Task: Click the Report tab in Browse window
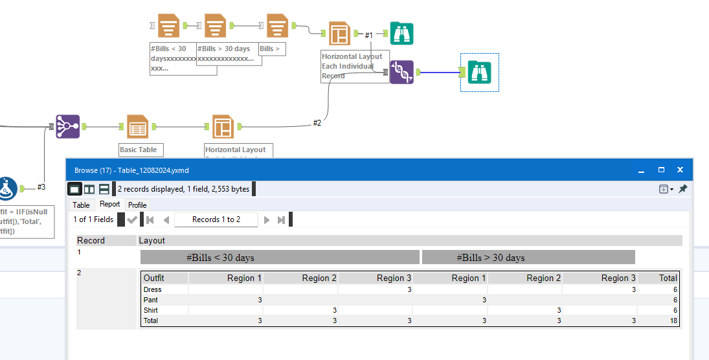[x=109, y=205]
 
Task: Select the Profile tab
[x=137, y=205]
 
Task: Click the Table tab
[x=81, y=205]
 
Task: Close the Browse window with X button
[x=680, y=170]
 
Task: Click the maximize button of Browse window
[x=661, y=170]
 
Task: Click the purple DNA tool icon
[x=401, y=72]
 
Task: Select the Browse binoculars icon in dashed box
[x=480, y=72]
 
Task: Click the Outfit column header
[x=154, y=278]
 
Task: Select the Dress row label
[x=153, y=289]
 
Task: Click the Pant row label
[x=151, y=300]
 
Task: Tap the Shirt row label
[x=152, y=310]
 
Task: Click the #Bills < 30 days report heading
[x=220, y=258]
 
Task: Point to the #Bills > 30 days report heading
[x=490, y=258]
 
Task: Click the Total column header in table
[x=668, y=278]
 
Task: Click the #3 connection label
[x=41, y=187]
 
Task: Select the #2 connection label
[x=317, y=122]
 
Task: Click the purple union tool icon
[x=67, y=127]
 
